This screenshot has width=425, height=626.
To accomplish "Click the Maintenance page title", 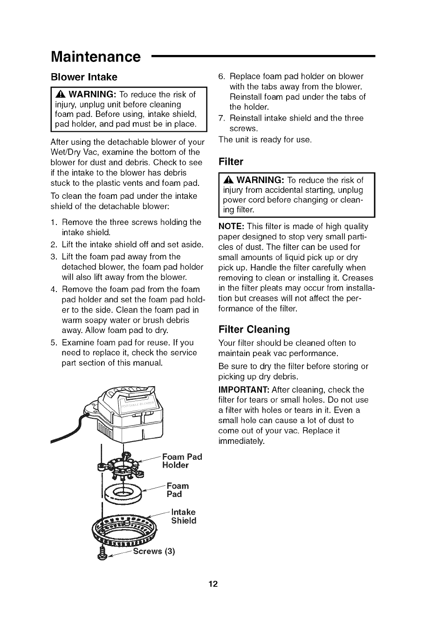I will tap(95, 57).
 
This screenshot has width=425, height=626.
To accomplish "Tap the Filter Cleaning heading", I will tap(254, 330).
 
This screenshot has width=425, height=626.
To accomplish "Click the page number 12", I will tap(213, 584).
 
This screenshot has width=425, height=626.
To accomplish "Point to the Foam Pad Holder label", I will tap(182, 461).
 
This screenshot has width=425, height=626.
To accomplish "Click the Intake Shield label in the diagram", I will tap(183, 516).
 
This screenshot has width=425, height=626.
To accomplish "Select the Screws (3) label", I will tap(154, 552).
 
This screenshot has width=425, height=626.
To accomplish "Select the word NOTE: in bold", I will tap(231, 226).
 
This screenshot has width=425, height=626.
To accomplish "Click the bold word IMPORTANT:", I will tap(243, 390).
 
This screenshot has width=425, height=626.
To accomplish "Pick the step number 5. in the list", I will tap(54, 343).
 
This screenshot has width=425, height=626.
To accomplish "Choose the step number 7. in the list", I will tap(222, 118).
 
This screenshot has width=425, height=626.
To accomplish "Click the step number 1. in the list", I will tap(54, 222).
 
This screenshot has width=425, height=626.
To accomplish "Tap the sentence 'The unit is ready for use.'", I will tap(265, 139).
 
